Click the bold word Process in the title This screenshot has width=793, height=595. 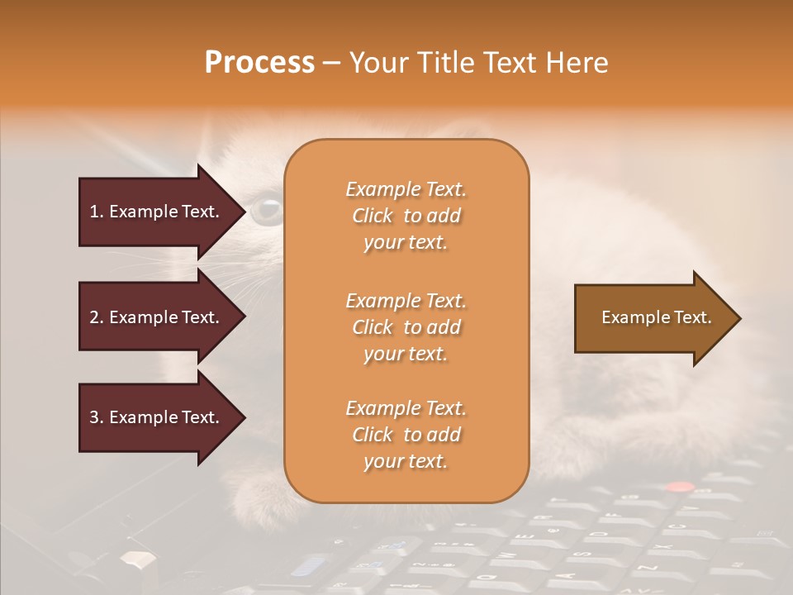259,63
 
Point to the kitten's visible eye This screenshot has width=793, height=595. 266,210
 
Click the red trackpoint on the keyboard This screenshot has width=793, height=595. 679,488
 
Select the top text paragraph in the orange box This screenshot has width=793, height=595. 406,216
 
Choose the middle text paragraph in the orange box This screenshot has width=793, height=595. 406,327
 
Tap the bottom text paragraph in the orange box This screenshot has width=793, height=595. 406,435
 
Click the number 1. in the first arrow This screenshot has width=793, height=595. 97,212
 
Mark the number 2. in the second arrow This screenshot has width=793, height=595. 97,317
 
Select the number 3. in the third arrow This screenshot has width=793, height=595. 97,417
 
